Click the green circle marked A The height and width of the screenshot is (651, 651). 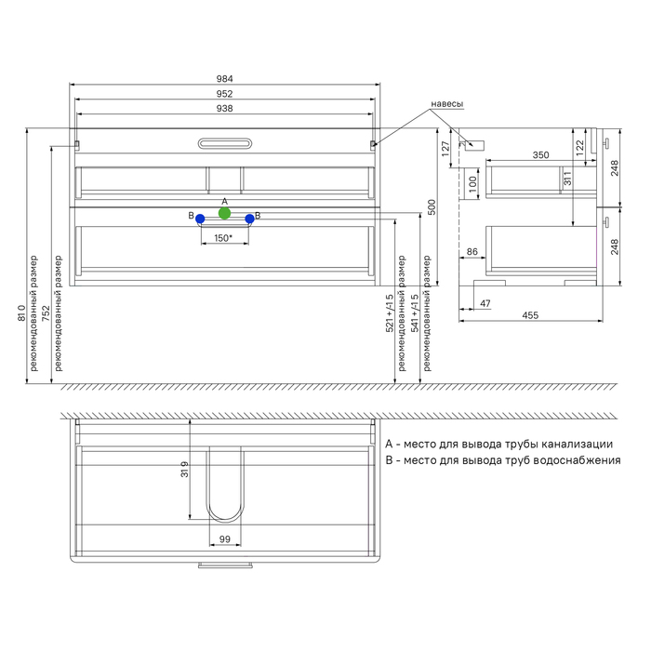[x=224, y=213]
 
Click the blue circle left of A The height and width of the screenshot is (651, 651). [x=200, y=219]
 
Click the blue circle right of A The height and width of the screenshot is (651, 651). [x=249, y=219]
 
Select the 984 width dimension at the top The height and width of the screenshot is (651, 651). [x=225, y=79]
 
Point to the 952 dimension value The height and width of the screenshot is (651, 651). [x=225, y=94]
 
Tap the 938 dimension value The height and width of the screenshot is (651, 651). [x=225, y=109]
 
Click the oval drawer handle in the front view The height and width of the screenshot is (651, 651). [x=225, y=143]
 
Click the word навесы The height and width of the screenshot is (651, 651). [x=446, y=104]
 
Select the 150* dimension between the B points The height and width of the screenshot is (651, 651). [x=223, y=238]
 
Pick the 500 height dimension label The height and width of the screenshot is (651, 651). [x=432, y=207]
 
